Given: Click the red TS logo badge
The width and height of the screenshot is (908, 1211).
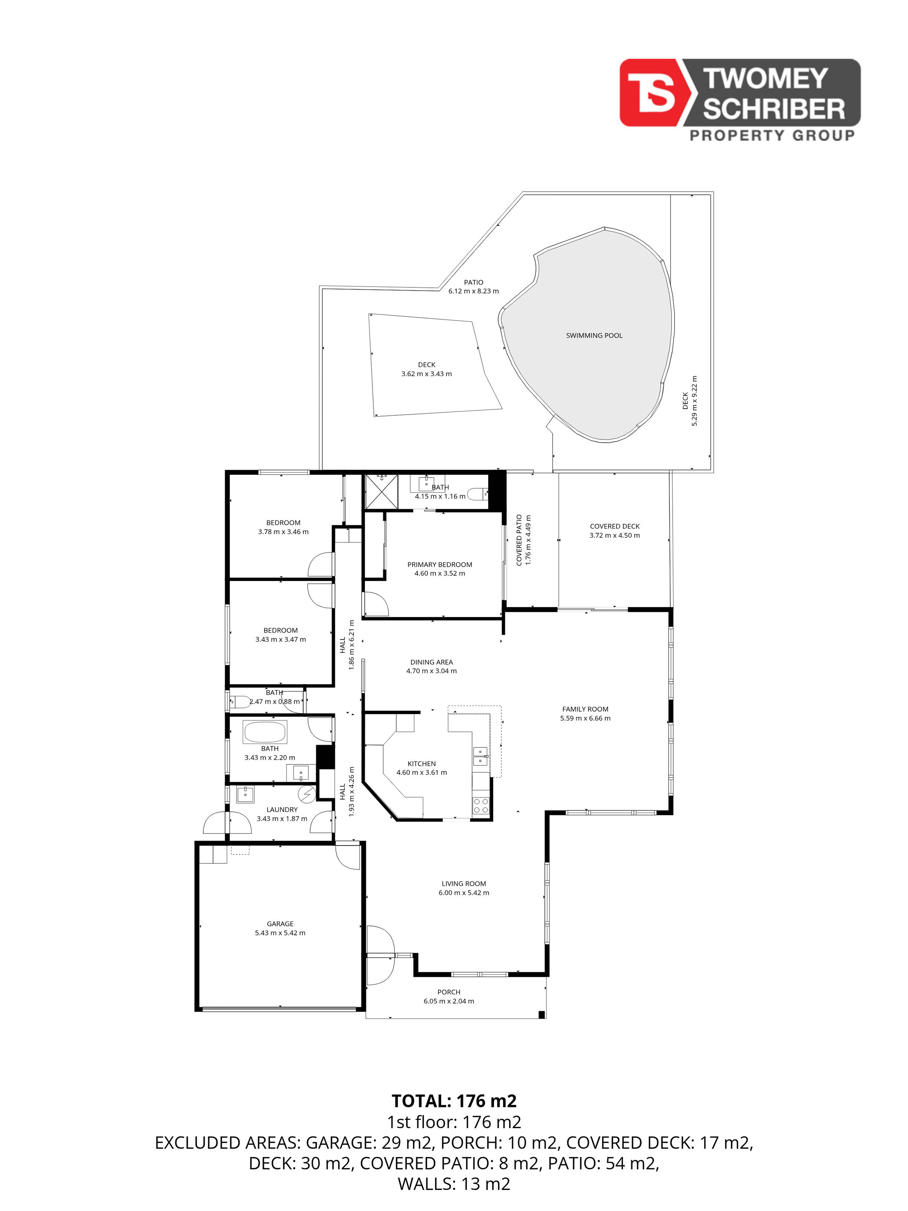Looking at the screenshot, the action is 652,93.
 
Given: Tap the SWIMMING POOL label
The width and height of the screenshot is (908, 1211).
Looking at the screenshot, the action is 594,336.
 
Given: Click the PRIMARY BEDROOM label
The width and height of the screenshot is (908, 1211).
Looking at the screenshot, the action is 439,564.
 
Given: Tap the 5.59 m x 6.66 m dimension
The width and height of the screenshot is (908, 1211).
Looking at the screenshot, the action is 585,718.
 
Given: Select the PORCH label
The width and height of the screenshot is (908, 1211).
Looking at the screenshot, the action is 449,992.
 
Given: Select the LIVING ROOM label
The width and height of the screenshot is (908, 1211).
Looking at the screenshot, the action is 463,884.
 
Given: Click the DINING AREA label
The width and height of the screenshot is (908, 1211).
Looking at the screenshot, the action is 431,662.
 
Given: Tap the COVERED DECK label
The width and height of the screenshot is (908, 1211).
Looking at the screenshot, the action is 615,526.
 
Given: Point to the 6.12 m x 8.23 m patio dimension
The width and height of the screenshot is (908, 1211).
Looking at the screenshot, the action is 474,291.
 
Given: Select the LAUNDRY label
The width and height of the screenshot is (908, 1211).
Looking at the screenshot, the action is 282,810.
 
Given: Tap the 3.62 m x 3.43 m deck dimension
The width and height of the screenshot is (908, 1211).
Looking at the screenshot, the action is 427,374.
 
